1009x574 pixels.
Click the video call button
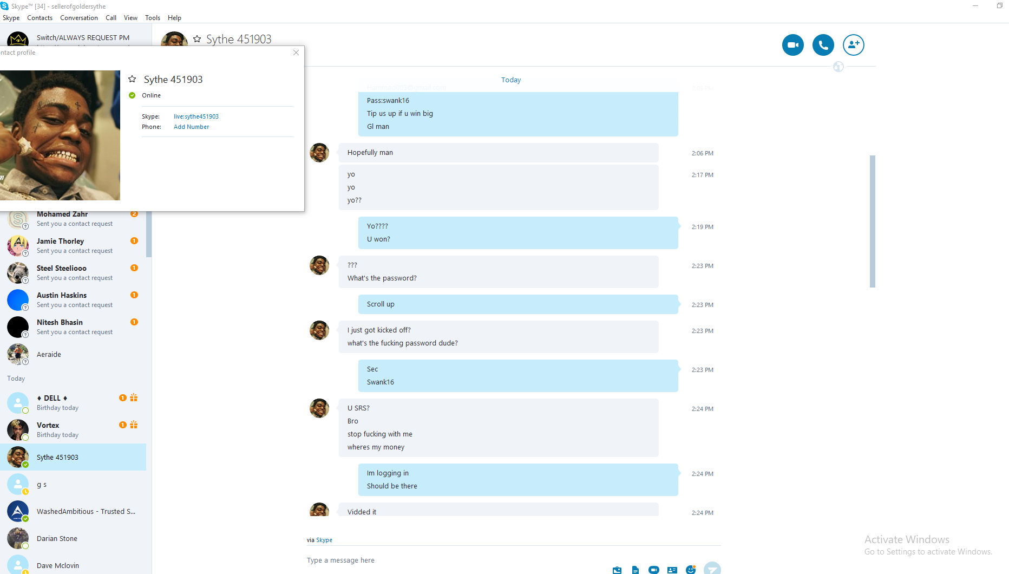[792, 45]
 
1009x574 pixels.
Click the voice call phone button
[823, 45]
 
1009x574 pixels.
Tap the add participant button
[853, 45]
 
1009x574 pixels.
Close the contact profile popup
[296, 53]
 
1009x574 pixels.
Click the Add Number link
[191, 127]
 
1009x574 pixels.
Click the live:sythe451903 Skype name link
[196, 116]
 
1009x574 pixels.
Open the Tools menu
[152, 18]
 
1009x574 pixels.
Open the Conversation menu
[79, 18]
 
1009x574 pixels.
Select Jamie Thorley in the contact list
[60, 242]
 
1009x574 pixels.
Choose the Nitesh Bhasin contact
[60, 323]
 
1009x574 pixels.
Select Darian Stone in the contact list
[57, 538]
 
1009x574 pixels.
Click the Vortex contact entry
[48, 426]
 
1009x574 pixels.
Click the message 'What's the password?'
[382, 278]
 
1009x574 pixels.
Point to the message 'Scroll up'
[381, 304]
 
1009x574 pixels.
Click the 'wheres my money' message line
[376, 447]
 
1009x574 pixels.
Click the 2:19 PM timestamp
[702, 227]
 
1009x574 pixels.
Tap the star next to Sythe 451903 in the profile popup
[132, 79]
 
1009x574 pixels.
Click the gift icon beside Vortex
[134, 425]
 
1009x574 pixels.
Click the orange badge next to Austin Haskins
[134, 295]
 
